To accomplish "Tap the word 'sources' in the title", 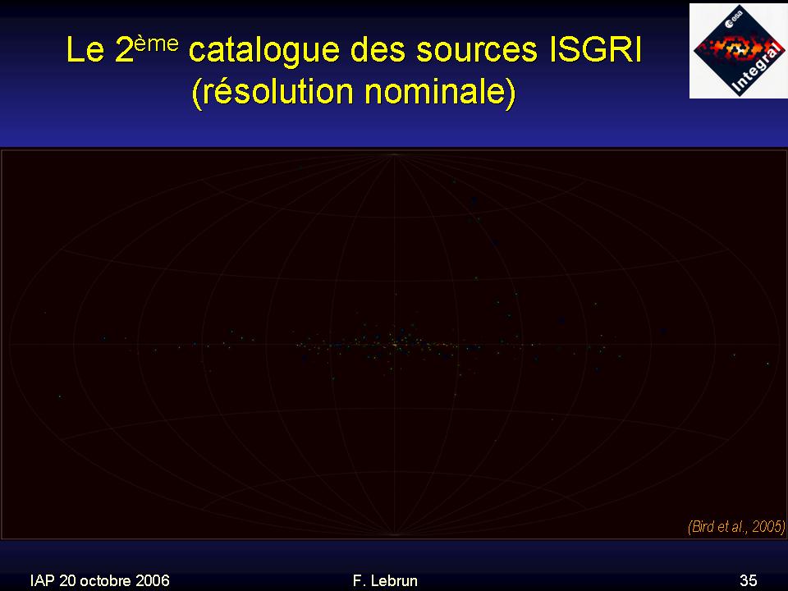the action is click(x=477, y=51).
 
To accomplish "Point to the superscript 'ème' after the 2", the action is click(x=156, y=44).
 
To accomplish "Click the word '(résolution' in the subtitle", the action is click(x=273, y=91).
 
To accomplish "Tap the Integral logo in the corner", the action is click(x=738, y=51).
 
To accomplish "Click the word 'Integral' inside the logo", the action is click(x=758, y=69).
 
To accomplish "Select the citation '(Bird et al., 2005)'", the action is click(x=736, y=526).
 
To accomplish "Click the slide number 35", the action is click(x=749, y=580).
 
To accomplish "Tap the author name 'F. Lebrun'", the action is click(x=385, y=580).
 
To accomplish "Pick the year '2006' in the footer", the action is click(x=153, y=580).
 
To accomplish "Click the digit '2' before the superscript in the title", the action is click(x=124, y=49).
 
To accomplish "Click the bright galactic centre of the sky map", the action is click(x=395, y=345).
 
